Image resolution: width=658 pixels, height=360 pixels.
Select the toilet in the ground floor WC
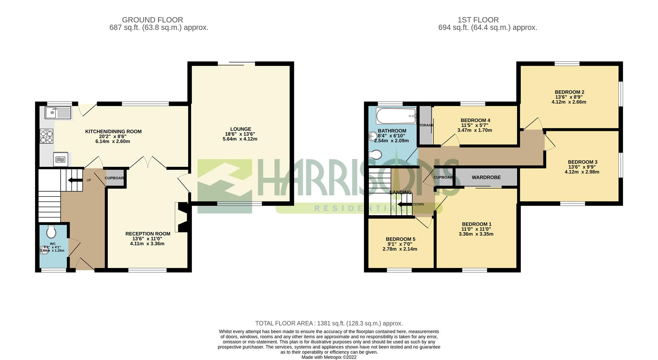51,231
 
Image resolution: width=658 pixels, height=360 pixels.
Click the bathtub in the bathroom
396,116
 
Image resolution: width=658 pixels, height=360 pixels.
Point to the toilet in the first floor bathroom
376,155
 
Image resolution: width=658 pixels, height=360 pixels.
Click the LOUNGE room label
241,129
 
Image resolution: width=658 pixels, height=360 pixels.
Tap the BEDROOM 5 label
400,239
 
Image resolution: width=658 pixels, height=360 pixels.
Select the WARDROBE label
486,177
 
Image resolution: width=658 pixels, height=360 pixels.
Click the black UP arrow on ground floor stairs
73,180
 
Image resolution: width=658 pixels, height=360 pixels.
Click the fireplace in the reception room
181,217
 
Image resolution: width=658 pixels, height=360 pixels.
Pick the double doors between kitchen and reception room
148,163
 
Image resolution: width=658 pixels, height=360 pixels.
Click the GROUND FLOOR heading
153,20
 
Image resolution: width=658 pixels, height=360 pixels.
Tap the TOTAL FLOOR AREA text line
329,323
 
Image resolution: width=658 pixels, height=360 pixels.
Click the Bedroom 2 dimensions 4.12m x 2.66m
569,102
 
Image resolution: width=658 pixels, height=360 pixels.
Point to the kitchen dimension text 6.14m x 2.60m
113,141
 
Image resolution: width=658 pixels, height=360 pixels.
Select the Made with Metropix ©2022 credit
329,357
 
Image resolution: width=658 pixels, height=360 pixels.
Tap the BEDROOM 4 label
475,120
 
